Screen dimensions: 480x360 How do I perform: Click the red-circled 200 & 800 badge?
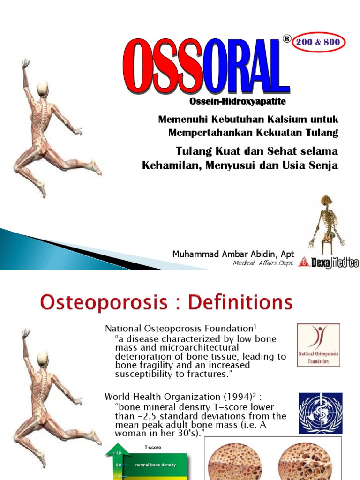(319, 43)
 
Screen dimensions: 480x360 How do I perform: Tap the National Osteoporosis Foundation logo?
(319, 345)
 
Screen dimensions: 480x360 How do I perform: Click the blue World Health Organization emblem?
(321, 412)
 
